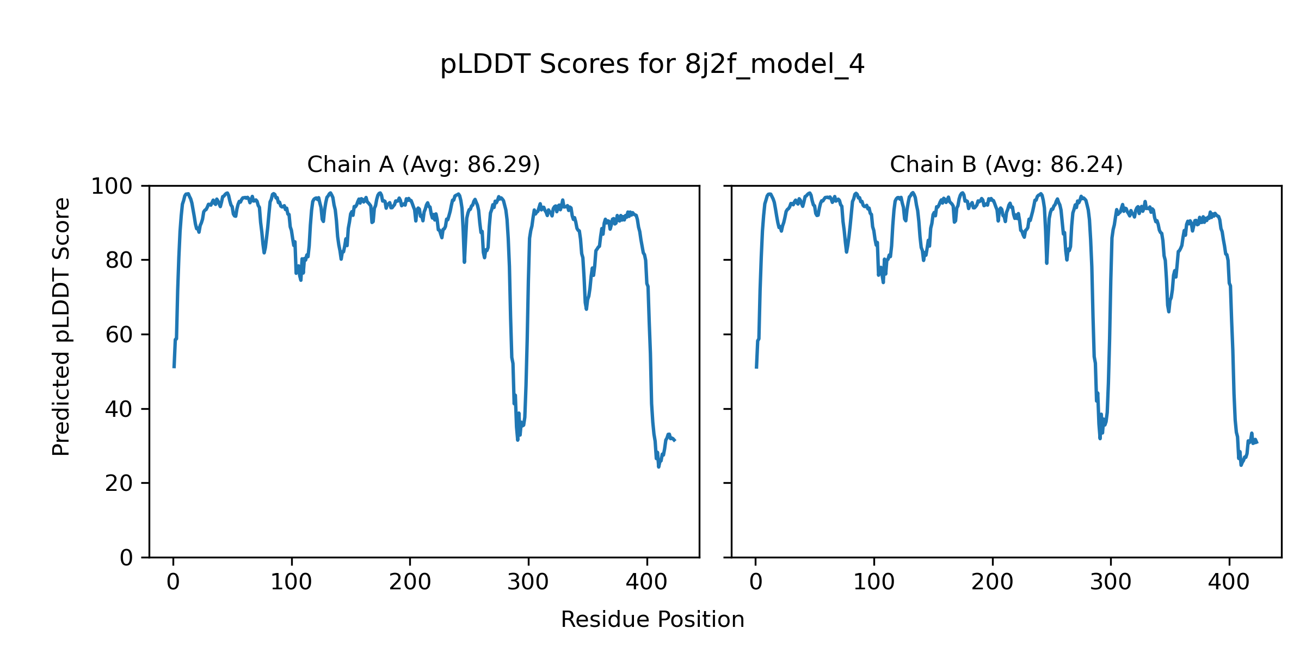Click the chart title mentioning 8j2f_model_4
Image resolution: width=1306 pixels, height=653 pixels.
point(652,65)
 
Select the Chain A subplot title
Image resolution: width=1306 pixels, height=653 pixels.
point(423,164)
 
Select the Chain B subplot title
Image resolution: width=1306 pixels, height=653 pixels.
point(1006,164)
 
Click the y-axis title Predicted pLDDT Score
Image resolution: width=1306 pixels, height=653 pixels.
point(61,326)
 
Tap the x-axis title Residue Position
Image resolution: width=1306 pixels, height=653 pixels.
point(652,619)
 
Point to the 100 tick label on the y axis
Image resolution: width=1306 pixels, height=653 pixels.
point(112,187)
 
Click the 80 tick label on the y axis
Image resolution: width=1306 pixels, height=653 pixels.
point(119,261)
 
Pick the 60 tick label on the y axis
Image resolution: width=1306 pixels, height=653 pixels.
point(119,335)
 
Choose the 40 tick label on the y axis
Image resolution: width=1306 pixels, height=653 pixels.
point(119,409)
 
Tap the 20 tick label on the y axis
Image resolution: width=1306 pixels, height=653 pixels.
point(119,484)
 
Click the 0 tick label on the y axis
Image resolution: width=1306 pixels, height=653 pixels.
point(126,558)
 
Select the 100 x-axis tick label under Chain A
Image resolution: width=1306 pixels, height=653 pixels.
point(291,582)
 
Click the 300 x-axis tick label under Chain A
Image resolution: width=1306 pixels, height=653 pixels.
point(528,582)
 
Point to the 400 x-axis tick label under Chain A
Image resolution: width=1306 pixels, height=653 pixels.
point(646,582)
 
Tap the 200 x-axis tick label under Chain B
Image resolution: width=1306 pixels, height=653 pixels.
point(992,582)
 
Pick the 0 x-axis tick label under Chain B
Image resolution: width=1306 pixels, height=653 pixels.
point(755,582)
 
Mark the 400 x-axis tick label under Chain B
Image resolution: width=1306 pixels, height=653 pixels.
point(1229,582)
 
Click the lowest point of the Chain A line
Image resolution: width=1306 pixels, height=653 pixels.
point(658,467)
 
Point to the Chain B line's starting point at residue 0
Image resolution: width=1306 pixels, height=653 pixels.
point(756,368)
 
